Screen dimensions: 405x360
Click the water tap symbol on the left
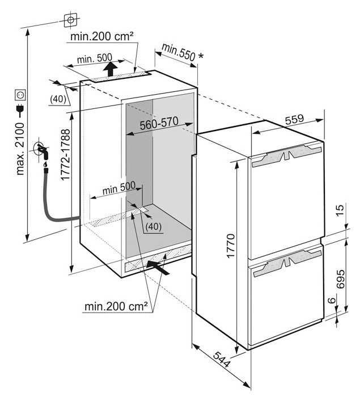click(43, 149)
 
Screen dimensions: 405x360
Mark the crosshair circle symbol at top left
click(70, 19)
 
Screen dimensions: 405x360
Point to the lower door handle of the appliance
click(287, 264)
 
